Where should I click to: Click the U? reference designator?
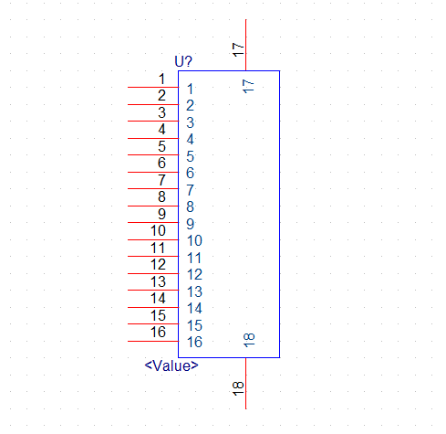183,61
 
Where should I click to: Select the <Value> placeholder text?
171,365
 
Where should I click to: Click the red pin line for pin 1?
153,88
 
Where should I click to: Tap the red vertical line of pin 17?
245,45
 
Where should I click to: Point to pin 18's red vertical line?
245,383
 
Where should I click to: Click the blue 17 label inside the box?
248,86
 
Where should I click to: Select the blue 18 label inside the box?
249,340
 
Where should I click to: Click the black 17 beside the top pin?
238,49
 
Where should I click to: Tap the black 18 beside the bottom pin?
238,388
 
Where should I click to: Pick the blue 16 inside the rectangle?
194,342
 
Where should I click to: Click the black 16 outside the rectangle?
158,332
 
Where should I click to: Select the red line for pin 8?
153,206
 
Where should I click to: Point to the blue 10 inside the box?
194,240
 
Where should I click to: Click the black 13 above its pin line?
158,281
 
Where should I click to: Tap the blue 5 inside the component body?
190,156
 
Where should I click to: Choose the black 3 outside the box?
161,112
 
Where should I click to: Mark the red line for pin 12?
153,273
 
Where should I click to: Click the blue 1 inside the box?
190,89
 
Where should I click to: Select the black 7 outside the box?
161,180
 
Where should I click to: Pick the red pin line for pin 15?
153,323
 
